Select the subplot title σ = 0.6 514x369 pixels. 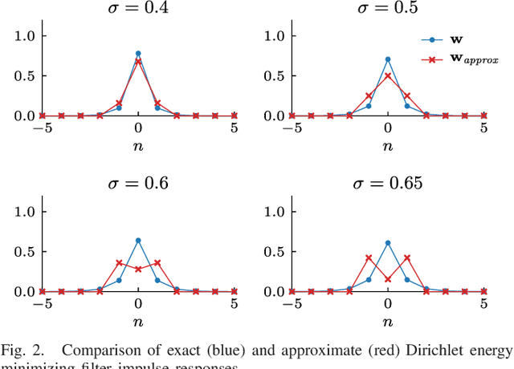point(138,183)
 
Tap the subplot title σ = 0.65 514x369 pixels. point(387,183)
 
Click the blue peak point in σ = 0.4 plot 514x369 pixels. point(138,54)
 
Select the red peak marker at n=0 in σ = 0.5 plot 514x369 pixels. point(387,76)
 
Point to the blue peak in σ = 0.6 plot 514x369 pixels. point(138,241)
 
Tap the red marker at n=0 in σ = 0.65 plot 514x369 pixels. point(387,279)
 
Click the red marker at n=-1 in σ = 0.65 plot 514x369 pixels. point(368,257)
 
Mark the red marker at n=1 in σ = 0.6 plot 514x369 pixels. point(157,262)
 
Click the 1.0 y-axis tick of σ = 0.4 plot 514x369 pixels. point(25,36)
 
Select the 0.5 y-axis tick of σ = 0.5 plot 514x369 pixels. point(274,76)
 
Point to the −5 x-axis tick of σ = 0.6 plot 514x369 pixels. point(40,304)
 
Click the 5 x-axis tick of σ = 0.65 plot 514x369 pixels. point(483,304)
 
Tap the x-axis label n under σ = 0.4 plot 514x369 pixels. point(138,146)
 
